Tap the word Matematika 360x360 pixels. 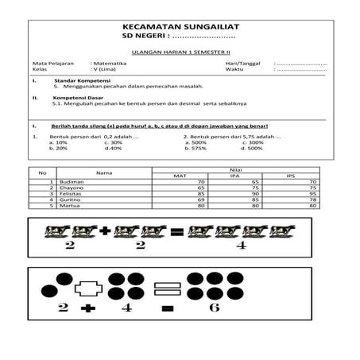(114, 63)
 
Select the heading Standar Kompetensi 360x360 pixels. (82, 81)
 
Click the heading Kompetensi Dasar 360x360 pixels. (79, 98)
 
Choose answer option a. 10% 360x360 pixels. (57, 142)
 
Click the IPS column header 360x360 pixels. (290, 176)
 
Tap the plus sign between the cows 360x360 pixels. (104, 231)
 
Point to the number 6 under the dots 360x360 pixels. (214, 307)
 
